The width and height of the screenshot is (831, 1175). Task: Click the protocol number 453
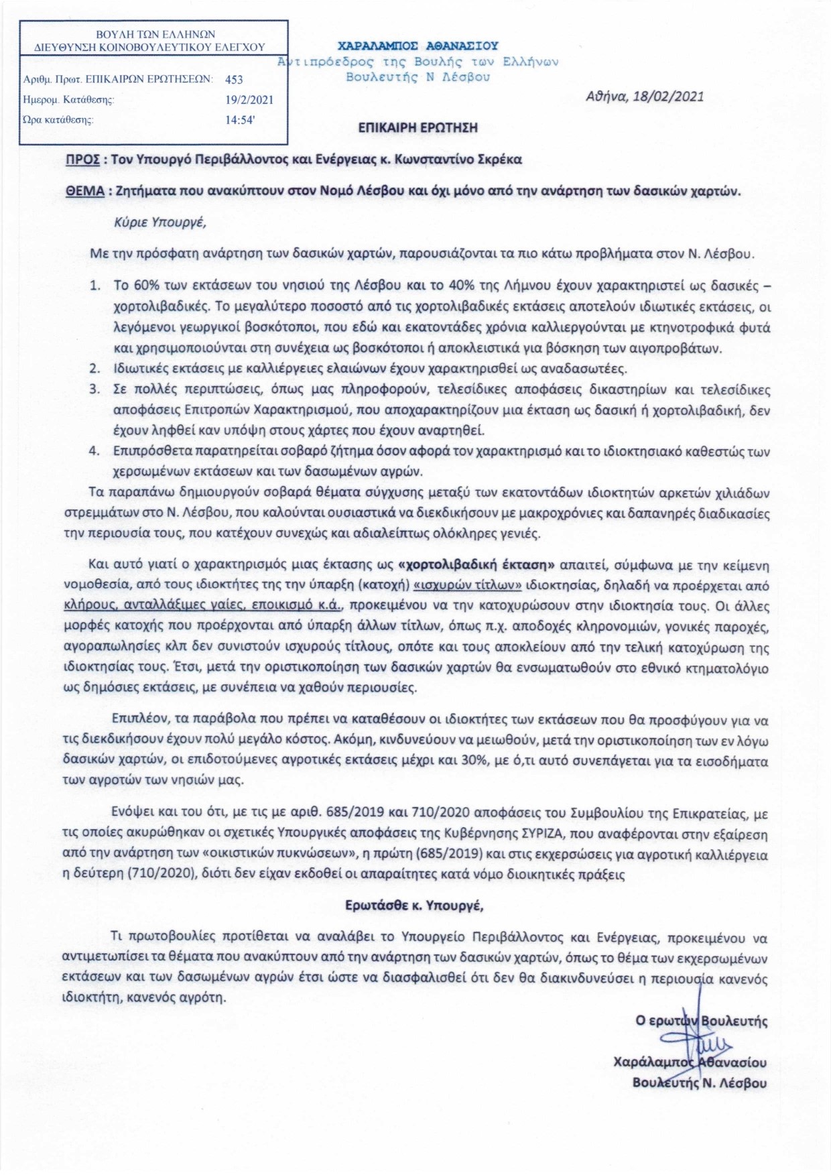[234, 79]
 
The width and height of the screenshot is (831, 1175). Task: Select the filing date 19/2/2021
[250, 100]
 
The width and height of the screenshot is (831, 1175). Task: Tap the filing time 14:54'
[241, 121]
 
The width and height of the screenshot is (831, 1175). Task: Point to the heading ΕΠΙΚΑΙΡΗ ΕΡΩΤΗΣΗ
[418, 127]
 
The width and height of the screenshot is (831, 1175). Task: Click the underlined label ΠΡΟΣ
[82, 160]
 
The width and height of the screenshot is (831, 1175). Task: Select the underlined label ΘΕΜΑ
[84, 191]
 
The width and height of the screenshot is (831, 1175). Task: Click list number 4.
[94, 450]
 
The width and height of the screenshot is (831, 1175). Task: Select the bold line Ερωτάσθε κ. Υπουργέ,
[414, 905]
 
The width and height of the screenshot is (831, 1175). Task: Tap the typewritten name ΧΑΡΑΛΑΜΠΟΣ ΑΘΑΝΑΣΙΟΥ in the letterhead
[418, 46]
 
